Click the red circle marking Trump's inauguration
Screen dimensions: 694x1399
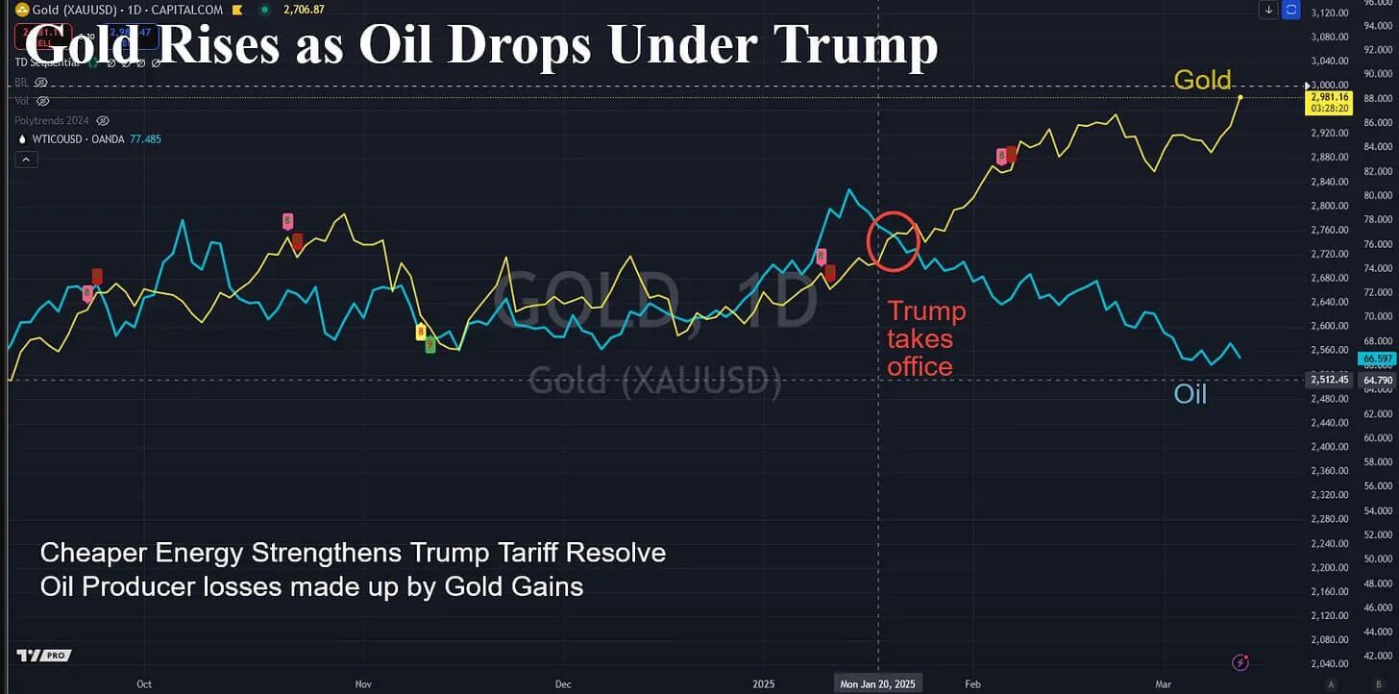[x=894, y=239]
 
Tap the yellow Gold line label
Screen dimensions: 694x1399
[x=1202, y=80]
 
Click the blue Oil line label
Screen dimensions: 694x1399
[x=1190, y=394]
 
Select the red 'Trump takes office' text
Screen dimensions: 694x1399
[x=926, y=338]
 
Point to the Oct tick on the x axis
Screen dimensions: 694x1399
[x=144, y=683]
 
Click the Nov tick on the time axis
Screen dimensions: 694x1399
[x=363, y=683]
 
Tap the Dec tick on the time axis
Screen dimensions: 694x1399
[x=563, y=683]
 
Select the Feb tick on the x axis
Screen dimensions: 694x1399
[x=973, y=683]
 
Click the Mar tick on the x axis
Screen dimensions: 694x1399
[x=1164, y=683]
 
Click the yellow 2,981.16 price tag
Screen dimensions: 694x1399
[x=1328, y=97]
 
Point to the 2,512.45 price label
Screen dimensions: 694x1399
[x=1329, y=380]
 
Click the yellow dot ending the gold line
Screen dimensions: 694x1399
[x=1240, y=97]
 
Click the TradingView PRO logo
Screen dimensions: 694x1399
[x=43, y=656]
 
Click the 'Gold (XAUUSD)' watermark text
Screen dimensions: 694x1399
[x=655, y=381]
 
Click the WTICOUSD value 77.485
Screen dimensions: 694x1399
[x=145, y=139]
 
